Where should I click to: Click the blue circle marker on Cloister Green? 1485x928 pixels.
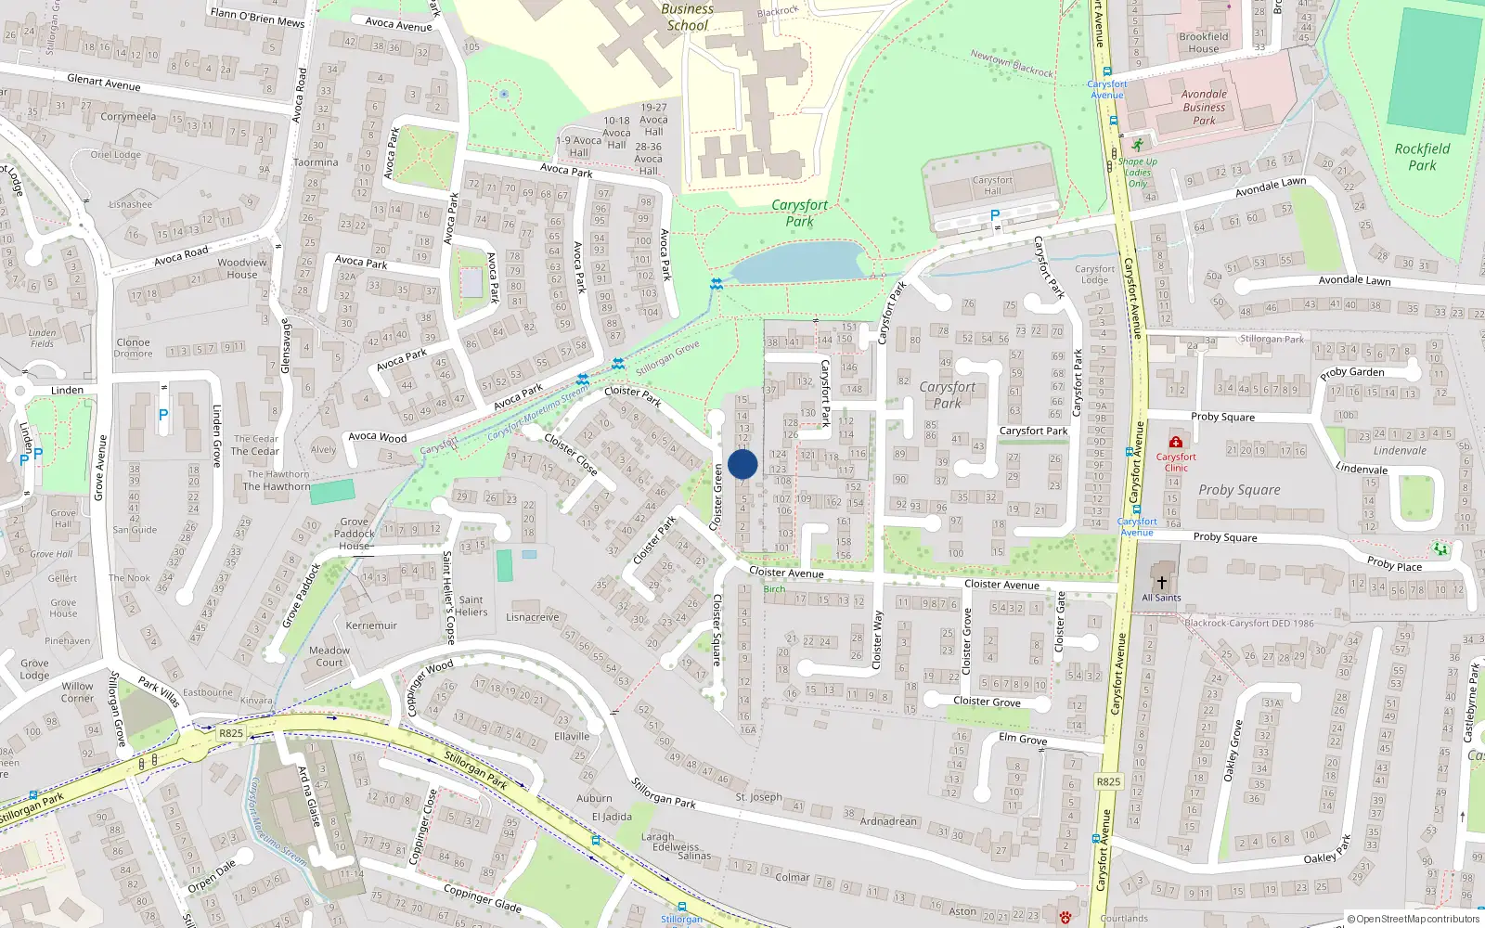[x=742, y=464]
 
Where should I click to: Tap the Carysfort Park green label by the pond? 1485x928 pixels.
[x=799, y=213]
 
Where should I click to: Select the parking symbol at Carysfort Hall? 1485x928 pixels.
[x=995, y=215]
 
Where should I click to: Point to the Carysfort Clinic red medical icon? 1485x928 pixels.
[x=1176, y=442]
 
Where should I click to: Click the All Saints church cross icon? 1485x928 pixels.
[x=1161, y=582]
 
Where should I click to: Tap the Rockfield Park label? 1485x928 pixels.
[x=1422, y=157]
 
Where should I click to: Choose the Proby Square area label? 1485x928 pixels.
[x=1238, y=489]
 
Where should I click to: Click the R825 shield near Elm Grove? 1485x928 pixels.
[x=1108, y=781]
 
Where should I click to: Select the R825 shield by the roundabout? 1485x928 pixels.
[x=231, y=733]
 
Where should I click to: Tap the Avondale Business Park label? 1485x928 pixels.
[x=1204, y=107]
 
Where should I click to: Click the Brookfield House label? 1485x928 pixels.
[x=1203, y=43]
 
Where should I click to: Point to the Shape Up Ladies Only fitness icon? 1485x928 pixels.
[x=1138, y=146]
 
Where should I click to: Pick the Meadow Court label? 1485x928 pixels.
[x=329, y=656]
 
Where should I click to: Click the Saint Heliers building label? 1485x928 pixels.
[x=471, y=606]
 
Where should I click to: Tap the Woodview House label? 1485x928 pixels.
[x=242, y=268]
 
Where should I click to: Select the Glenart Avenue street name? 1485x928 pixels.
[x=104, y=83]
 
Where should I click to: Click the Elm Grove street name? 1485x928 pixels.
[x=1023, y=739]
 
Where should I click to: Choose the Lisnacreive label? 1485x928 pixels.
[x=533, y=617]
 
